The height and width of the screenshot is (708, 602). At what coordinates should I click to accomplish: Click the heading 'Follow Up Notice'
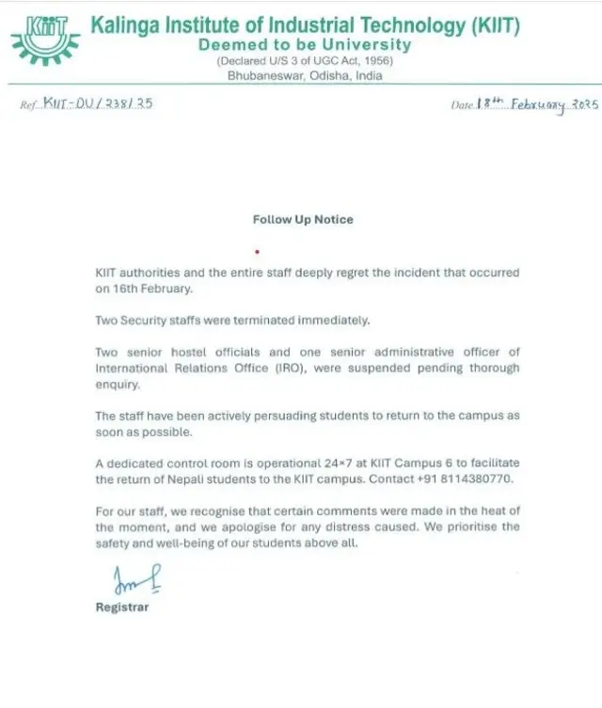point(303,219)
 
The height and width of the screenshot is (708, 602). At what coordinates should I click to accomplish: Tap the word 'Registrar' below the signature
point(122,607)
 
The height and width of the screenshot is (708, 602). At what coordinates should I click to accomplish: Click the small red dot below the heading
point(257,252)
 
